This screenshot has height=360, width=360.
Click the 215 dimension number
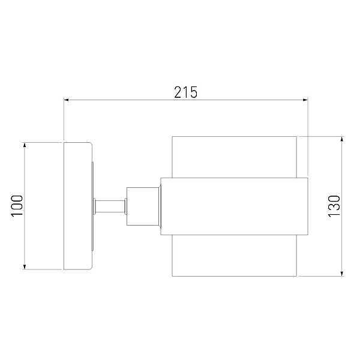point(185,92)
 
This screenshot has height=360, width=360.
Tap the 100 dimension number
point(17,205)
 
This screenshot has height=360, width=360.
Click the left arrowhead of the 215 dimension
point(66,100)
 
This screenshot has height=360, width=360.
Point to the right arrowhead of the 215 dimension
point(305,100)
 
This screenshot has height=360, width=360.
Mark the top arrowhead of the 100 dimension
point(25,145)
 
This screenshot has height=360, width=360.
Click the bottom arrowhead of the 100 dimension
point(25,267)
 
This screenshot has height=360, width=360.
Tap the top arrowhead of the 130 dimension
point(342,139)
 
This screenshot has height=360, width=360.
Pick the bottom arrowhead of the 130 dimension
point(342,274)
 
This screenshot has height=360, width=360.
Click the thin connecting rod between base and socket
point(110,206)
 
